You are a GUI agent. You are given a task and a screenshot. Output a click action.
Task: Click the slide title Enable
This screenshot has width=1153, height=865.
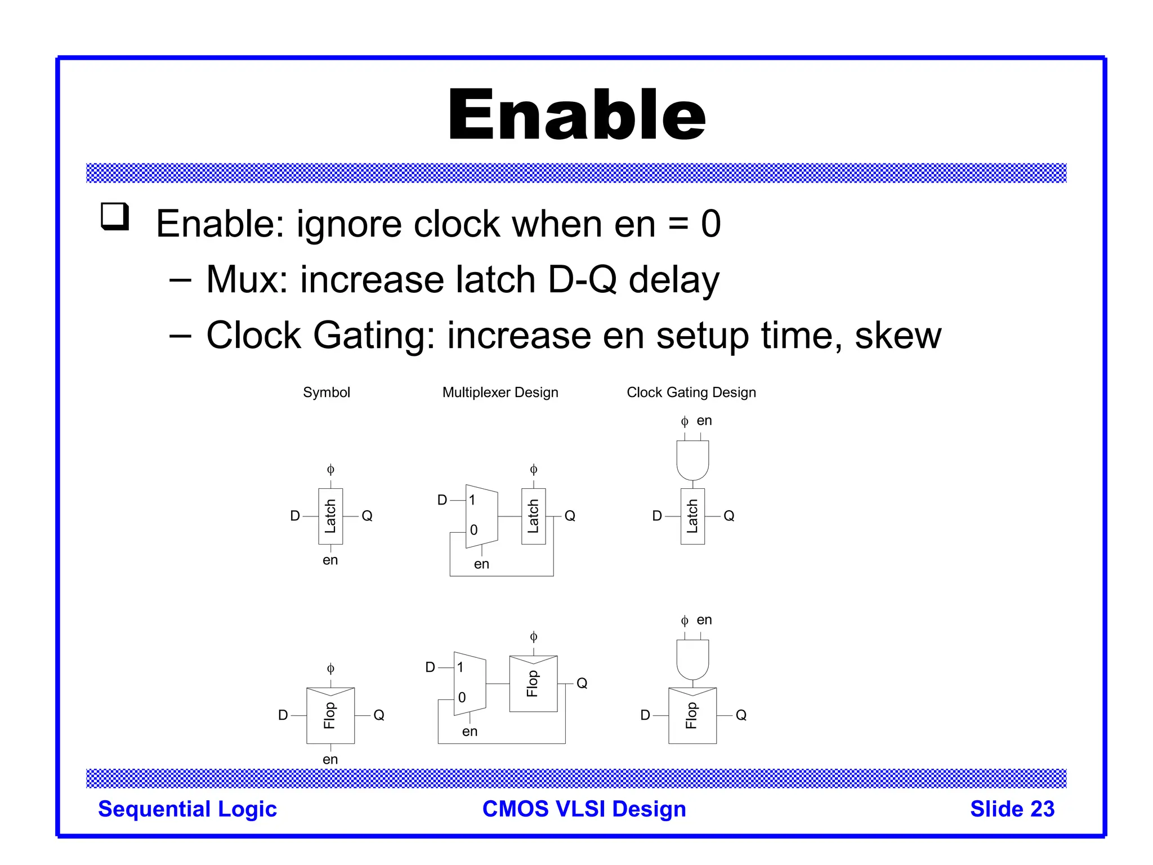576,115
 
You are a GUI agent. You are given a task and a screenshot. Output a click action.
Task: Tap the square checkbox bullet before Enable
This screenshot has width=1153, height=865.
115,216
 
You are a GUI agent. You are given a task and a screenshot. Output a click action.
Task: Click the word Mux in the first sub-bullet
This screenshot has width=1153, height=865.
246,280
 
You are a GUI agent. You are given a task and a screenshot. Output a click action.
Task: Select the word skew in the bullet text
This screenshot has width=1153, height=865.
897,336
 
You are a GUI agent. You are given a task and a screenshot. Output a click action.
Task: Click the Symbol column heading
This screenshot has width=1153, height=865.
326,393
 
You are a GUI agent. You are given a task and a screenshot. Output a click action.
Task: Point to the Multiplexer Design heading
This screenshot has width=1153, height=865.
500,393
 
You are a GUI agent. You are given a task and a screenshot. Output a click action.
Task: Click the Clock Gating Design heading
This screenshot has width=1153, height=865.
691,393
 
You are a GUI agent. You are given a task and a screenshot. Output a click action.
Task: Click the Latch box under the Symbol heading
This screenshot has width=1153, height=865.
330,516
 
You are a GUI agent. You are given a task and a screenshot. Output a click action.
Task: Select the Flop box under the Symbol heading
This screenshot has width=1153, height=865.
330,715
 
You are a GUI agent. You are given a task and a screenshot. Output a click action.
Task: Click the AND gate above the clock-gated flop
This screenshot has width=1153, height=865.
692,659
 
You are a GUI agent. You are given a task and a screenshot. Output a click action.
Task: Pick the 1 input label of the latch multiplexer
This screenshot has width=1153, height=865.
472,500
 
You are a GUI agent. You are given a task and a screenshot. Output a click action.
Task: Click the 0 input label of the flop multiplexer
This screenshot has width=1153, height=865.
462,698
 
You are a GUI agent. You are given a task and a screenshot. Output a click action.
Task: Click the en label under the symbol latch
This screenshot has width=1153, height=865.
330,560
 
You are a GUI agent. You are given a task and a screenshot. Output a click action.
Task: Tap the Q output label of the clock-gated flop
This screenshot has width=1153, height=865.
741,715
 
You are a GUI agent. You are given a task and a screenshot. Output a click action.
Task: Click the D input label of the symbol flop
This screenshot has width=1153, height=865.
283,715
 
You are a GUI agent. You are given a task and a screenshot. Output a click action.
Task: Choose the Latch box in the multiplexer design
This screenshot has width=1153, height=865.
533,516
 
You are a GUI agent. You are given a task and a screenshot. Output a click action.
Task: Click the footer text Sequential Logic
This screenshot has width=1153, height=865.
187,809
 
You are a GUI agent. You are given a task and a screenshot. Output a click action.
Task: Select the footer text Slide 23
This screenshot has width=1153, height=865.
1012,809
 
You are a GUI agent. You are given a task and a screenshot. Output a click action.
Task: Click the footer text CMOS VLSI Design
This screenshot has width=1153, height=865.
584,809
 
